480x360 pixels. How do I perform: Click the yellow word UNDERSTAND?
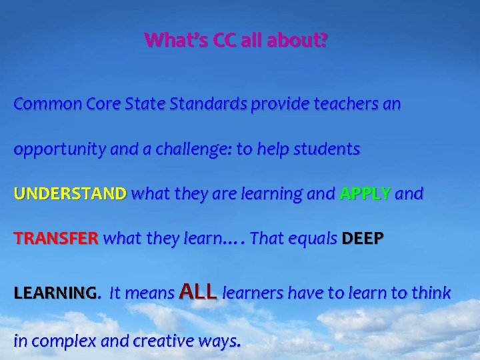[x=70, y=194]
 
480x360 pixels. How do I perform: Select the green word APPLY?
[x=365, y=194]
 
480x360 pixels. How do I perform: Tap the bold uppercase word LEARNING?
[x=55, y=293]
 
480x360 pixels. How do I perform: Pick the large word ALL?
[x=199, y=291]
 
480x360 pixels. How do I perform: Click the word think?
[x=431, y=293]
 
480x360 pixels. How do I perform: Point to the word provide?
[x=278, y=105]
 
